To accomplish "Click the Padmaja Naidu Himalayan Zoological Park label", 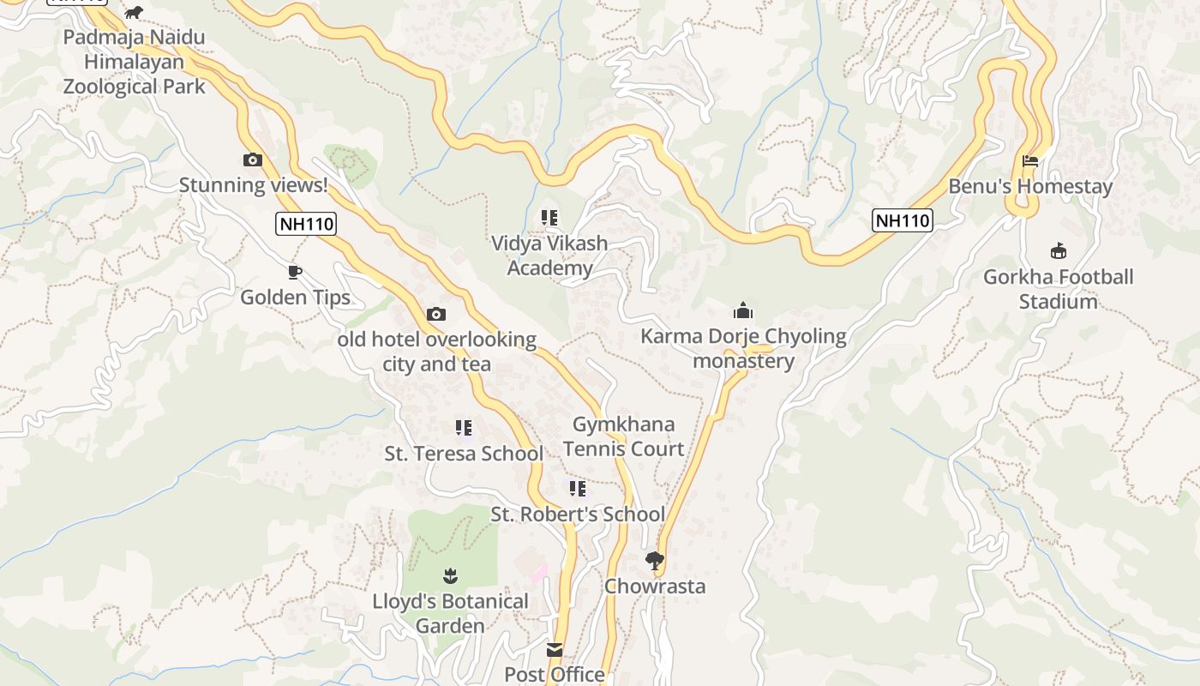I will click(135, 62).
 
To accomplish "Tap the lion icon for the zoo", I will click(134, 12).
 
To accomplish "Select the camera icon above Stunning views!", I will click(252, 159).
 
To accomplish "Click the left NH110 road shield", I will click(306, 225).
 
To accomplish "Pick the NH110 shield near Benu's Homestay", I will click(902, 220).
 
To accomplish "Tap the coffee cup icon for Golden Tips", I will click(295, 273).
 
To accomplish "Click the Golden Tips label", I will click(295, 298).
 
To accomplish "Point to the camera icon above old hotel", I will click(436, 314).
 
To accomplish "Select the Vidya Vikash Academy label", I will click(549, 256).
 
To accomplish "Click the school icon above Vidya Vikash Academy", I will click(549, 218).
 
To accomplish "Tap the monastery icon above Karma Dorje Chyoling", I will click(743, 310).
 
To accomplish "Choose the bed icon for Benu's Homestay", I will click(1030, 161).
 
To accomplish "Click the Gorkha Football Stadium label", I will click(1058, 289).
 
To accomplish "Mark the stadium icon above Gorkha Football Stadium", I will click(1059, 250).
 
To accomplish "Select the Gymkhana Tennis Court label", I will click(624, 436).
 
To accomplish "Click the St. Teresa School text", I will click(464, 454).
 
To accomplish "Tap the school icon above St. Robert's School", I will click(578, 489).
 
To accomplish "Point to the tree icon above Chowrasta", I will click(655, 561).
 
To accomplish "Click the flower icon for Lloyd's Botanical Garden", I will click(450, 575).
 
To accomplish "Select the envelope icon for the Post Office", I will click(555, 650).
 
